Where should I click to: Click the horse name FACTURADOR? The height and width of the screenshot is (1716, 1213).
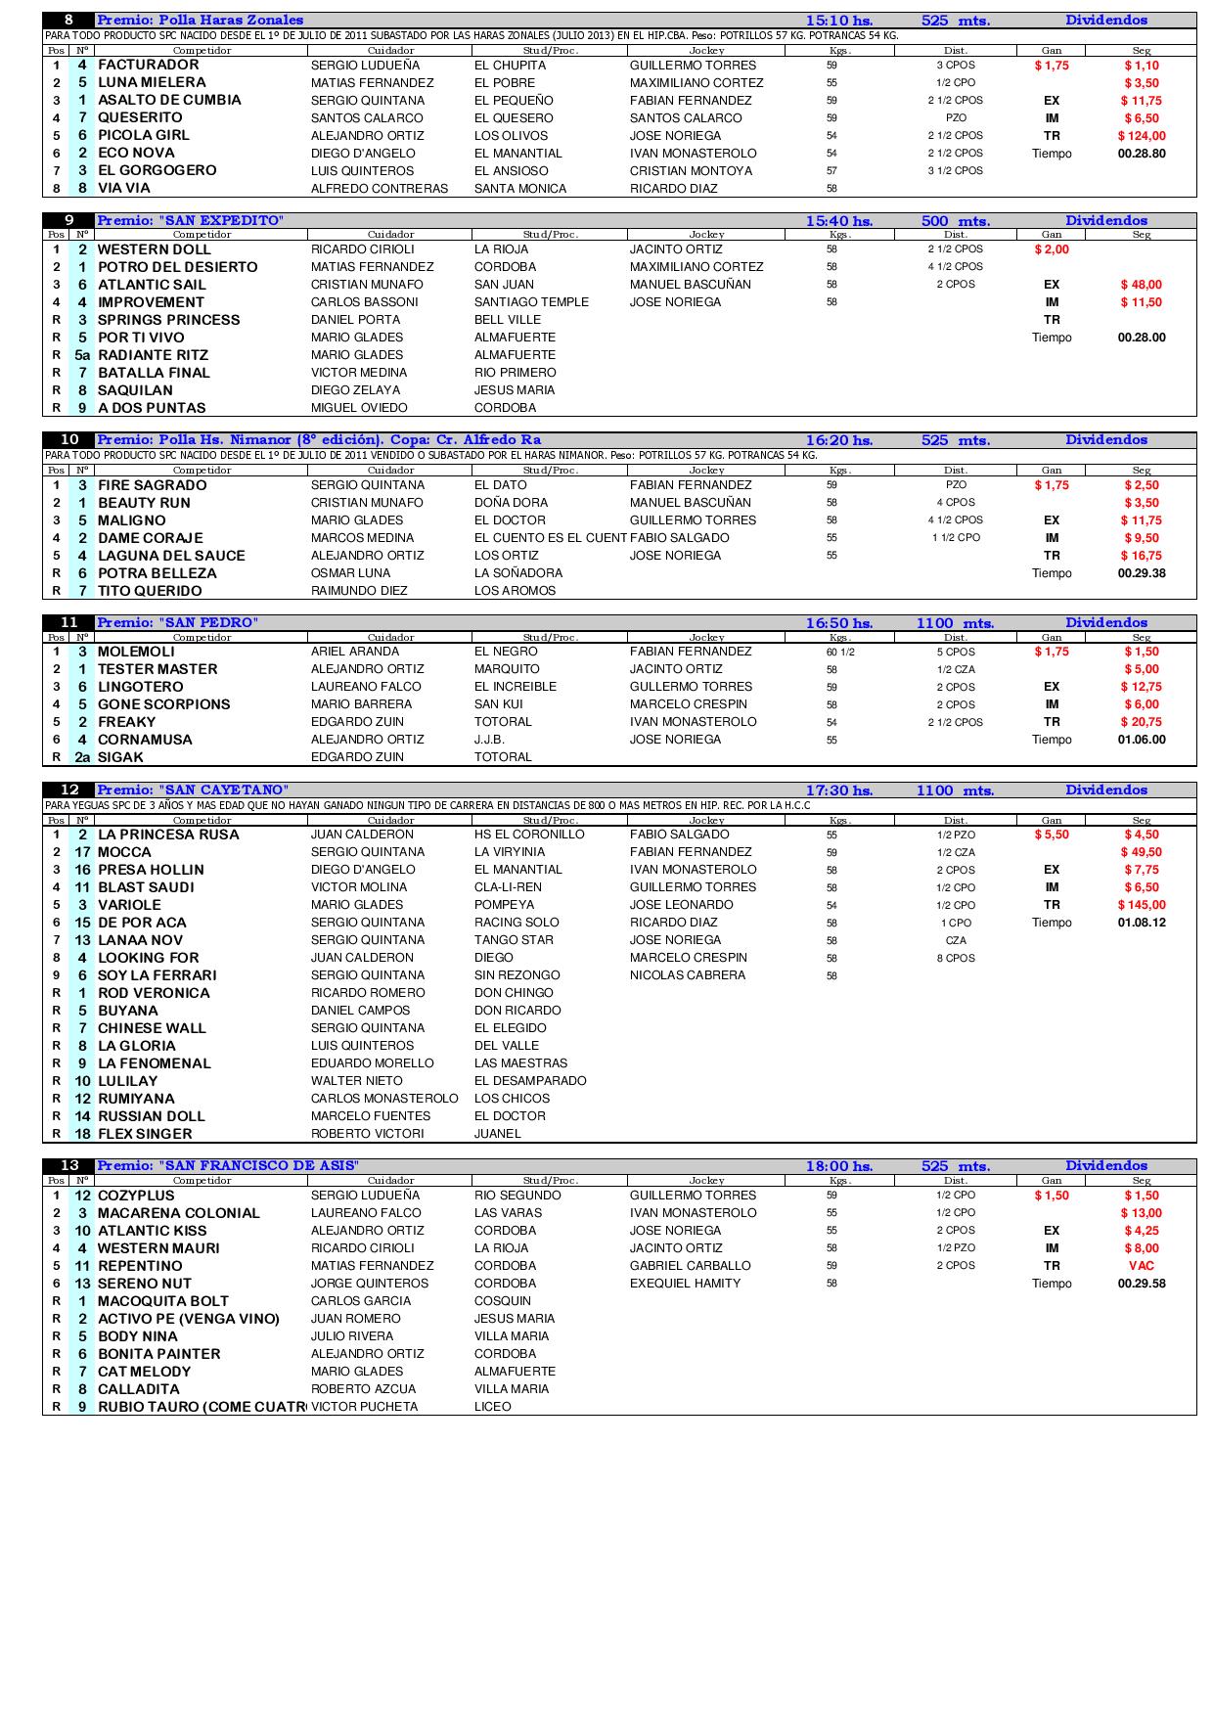pos(148,66)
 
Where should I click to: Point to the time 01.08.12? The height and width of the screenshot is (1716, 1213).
pos(1141,923)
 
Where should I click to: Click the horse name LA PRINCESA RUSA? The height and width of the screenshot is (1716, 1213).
pos(168,835)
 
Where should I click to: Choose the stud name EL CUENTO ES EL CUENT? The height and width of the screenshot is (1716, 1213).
pos(550,538)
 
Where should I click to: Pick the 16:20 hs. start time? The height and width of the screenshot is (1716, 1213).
pos(838,440)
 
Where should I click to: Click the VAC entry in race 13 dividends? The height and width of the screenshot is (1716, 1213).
pos(1141,1266)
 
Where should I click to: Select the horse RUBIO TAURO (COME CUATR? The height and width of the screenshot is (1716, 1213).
pos(202,1407)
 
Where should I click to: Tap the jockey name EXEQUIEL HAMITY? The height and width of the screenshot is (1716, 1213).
pos(685,1284)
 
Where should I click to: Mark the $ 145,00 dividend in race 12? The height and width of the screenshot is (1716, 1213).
pos(1141,905)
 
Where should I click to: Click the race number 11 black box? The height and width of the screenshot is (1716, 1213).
pos(69,623)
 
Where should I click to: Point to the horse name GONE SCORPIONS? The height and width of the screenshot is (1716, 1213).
pos(163,704)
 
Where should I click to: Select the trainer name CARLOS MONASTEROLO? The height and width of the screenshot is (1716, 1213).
pos(384,1099)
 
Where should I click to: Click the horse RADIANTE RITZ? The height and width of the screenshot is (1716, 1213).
pos(153,355)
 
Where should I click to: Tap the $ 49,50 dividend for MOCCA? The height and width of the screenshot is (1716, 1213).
pos(1141,852)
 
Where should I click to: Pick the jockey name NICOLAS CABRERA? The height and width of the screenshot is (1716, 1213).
pos(688,975)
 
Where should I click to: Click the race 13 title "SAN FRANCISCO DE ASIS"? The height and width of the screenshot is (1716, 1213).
pos(227,1166)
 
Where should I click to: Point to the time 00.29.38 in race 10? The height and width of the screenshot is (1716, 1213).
pos(1141,573)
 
